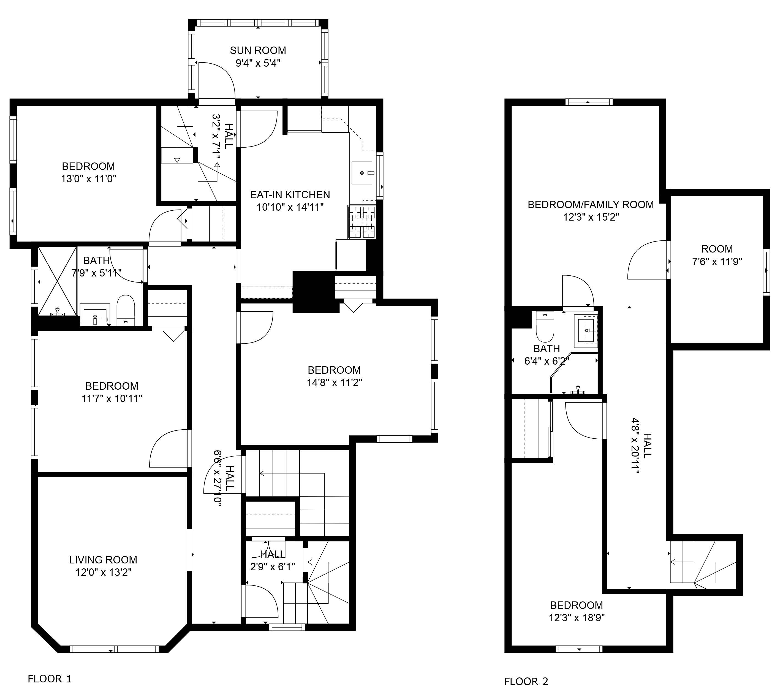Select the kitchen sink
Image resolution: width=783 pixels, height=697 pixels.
click(362, 173)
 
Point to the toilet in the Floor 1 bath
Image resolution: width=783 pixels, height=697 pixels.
click(126, 310)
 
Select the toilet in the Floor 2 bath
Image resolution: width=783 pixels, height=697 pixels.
click(545, 326)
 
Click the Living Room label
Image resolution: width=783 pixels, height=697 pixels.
click(103, 560)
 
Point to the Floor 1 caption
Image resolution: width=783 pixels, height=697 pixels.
click(50, 679)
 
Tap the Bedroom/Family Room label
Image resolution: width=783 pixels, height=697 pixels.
click(591, 205)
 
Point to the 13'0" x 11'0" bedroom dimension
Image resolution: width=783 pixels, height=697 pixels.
click(88, 178)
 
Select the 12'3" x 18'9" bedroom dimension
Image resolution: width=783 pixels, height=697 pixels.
click(577, 618)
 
